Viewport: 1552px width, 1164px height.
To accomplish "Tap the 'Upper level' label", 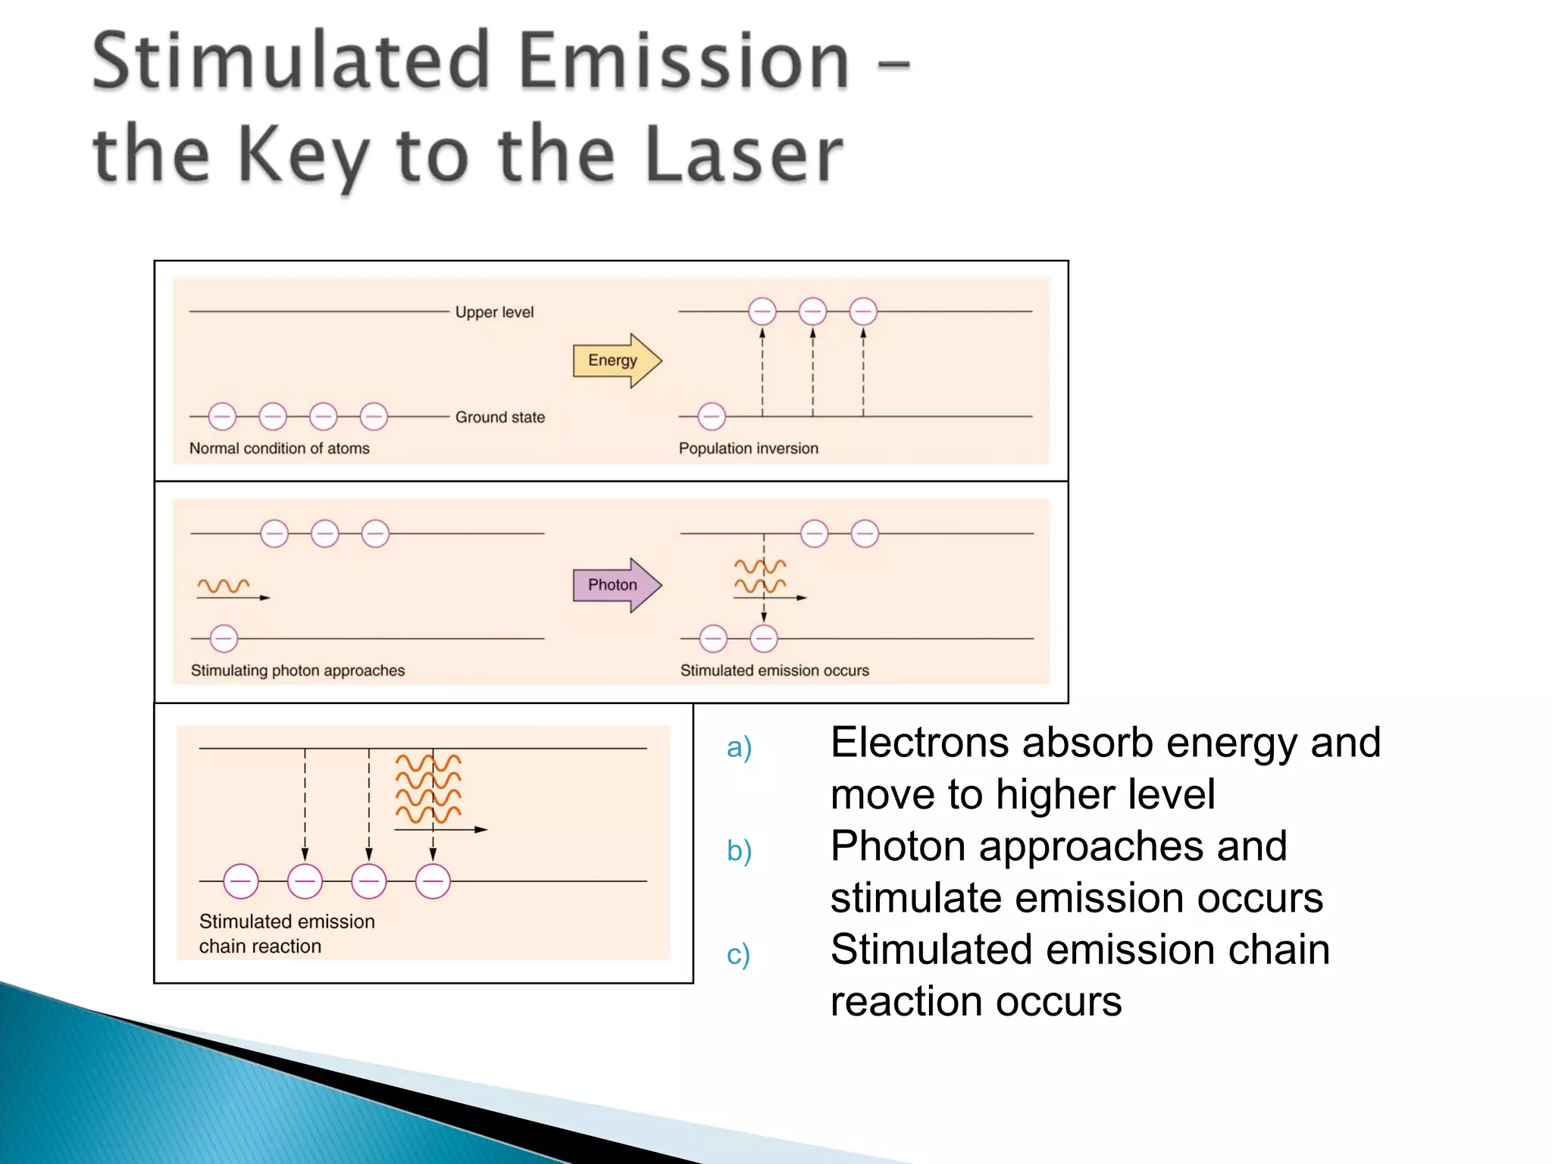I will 494,312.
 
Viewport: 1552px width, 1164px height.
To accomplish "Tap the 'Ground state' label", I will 499,417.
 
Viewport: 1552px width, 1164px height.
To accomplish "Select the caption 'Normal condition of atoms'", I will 279,449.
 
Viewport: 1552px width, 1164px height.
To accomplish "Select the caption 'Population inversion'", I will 748,449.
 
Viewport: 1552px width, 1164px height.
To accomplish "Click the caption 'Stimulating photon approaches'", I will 297,671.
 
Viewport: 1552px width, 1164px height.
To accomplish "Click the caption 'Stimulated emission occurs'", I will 774,671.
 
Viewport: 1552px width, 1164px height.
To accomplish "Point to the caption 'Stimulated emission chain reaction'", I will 286,934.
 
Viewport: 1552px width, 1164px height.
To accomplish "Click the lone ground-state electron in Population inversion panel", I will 711,416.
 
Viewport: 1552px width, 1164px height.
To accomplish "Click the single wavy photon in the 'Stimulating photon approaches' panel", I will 224,586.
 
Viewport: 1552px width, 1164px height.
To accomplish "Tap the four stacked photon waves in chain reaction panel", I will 428,789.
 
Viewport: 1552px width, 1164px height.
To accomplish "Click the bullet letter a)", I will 738,748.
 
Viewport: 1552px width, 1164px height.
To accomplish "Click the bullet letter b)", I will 738,851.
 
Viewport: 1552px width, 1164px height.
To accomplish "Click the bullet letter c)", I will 737,954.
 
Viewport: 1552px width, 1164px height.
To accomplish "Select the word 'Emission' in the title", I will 684,62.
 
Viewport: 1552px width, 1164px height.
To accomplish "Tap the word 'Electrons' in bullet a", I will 919,743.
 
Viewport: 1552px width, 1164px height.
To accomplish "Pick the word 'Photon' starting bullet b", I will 898,846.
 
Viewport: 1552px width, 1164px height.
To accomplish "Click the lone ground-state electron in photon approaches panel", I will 224,639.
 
